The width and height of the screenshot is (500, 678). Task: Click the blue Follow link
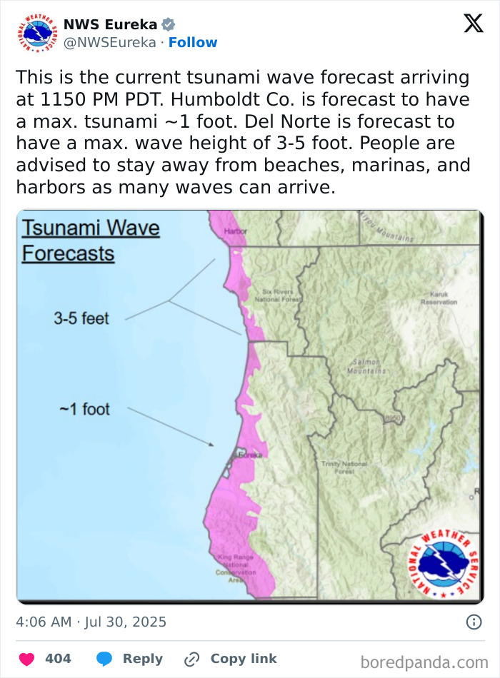(193, 43)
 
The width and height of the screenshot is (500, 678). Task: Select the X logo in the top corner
(473, 24)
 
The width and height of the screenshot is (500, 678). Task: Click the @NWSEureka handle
(109, 43)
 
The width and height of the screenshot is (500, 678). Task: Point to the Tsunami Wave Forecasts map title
(90, 241)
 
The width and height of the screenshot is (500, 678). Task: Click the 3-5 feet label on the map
(81, 318)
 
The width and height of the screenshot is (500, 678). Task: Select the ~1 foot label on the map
(84, 409)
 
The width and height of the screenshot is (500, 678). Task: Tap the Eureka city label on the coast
(251, 455)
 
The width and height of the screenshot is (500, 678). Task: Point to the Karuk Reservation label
(439, 298)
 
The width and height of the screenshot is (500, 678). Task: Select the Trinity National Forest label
(344, 467)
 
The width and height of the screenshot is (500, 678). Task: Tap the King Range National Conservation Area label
(236, 568)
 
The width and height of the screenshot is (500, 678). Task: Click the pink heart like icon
(26, 659)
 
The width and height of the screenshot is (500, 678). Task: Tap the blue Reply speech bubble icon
(104, 659)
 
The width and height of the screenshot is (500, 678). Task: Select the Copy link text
(244, 659)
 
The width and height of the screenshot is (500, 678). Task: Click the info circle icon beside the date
(474, 622)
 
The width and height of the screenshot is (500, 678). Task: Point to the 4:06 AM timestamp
(44, 622)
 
